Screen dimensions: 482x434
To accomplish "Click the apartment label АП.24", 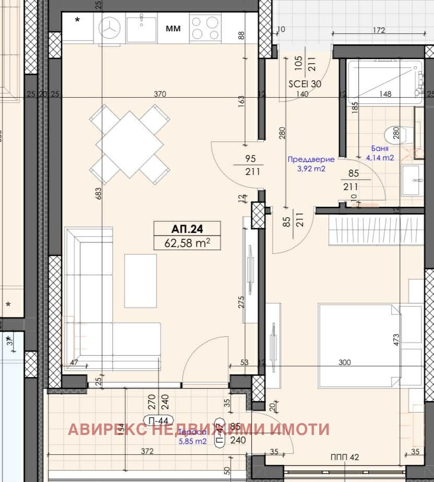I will click(186, 229).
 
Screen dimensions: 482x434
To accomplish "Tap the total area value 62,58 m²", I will click(186, 242).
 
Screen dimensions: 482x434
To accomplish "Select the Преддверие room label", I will click(311, 160).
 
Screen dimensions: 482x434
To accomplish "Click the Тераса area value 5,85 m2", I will click(192, 441).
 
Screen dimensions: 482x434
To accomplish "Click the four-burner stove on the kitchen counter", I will click(205, 28).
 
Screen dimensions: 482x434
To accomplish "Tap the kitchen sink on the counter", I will click(141, 28).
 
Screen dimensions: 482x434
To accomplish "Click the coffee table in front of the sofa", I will click(140, 280).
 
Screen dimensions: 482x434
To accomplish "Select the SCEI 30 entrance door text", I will click(305, 84).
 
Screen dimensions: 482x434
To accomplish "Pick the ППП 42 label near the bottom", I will click(345, 457).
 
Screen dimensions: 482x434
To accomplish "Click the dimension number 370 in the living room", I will click(160, 94).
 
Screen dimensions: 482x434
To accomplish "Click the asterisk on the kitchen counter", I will click(78, 21).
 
